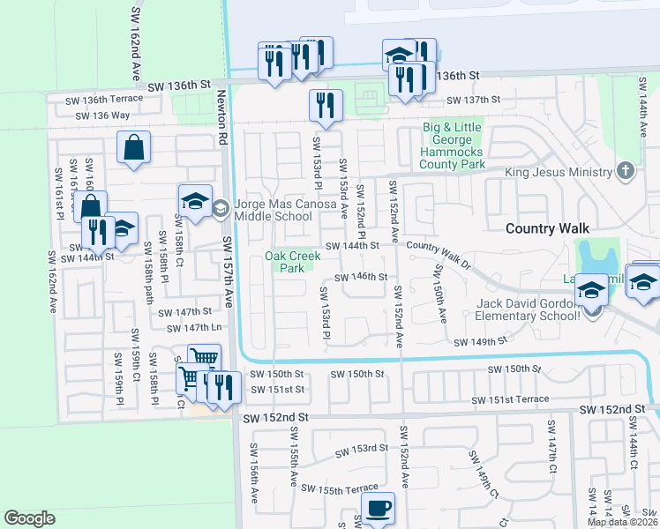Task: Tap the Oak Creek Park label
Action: point(285,262)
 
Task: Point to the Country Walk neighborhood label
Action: point(547,228)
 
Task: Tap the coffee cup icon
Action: point(378,509)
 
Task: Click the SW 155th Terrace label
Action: point(339,488)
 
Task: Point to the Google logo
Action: point(29,518)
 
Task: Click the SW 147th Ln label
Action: point(185,327)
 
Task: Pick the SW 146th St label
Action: point(361,277)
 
